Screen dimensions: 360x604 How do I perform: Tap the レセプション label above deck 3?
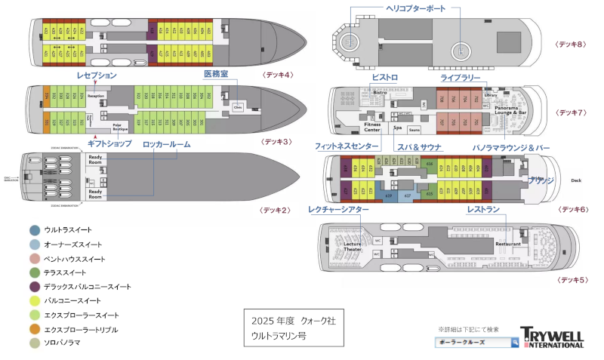click(97, 75)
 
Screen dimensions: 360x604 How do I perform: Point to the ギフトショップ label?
click(109, 143)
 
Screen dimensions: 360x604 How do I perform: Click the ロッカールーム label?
click(166, 143)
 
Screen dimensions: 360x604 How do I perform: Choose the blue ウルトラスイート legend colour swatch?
click(35, 230)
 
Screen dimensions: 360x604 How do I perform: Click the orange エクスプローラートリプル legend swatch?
click(35, 329)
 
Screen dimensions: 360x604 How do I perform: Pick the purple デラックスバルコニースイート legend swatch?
click(35, 287)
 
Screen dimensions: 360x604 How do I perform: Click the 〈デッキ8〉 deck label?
click(571, 45)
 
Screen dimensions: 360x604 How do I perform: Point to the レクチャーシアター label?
click(338, 209)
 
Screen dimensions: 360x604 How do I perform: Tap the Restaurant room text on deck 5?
click(508, 244)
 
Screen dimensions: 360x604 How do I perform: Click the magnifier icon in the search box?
click(515, 343)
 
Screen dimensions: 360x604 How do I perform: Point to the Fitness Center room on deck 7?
click(372, 126)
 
